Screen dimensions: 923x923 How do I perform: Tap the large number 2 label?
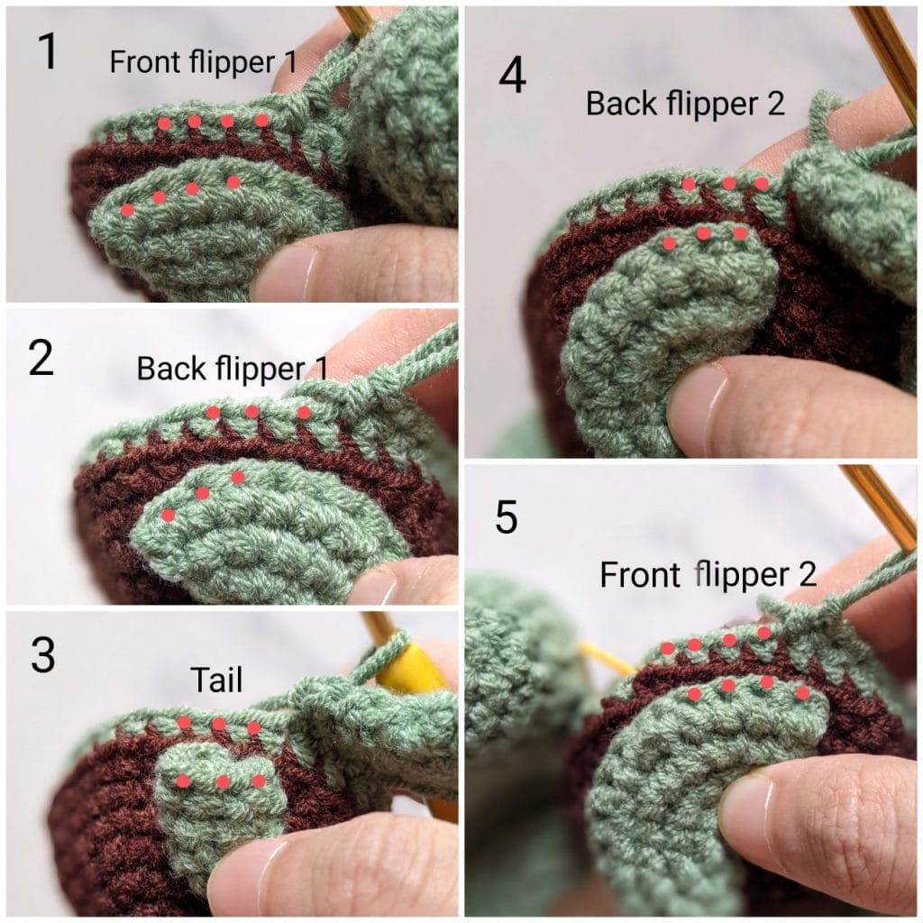41,358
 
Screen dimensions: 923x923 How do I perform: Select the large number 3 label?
43,654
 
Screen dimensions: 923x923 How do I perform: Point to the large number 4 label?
512,76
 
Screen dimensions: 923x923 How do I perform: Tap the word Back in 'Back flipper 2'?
622,104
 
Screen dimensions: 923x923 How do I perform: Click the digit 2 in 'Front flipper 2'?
808,574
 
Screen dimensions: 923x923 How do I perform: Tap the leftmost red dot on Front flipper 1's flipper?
127,209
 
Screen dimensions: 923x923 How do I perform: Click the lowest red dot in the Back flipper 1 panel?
169,516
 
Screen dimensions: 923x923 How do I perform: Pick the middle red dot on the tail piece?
224,781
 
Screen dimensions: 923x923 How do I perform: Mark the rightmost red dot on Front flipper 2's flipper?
802,693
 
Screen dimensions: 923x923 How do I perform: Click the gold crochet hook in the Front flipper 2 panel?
878,507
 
